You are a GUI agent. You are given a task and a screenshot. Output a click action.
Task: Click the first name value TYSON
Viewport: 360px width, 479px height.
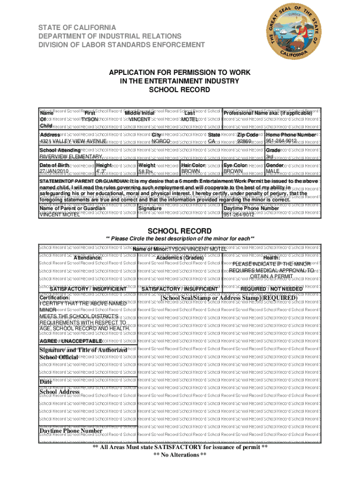pos(90,119)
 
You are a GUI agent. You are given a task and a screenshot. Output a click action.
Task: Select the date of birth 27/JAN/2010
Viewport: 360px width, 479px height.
pos(56,171)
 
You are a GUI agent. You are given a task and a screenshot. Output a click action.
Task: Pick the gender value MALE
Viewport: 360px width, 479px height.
pos(273,171)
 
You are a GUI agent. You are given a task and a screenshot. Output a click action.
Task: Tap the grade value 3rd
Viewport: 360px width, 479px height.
pos(270,156)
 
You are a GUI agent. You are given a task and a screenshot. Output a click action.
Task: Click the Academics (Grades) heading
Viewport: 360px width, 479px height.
pos(180,258)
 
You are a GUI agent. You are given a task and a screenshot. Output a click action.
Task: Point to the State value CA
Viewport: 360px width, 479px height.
pos(211,141)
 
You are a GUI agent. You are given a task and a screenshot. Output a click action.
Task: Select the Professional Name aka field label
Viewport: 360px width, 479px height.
pos(268,113)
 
